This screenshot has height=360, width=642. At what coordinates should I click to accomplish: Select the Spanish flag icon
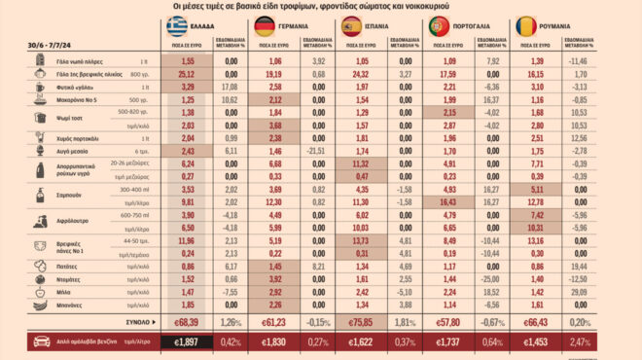(x=352, y=26)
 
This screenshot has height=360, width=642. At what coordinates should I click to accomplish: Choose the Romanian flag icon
(x=526, y=26)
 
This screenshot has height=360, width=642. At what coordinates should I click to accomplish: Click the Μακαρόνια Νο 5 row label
(x=86, y=99)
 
